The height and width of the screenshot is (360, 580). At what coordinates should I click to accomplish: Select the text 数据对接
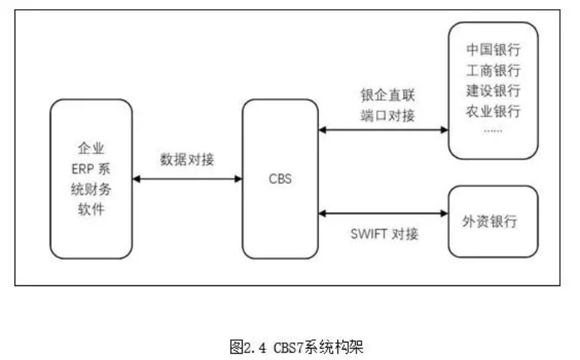coord(187,160)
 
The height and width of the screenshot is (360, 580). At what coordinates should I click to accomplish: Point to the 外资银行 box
coord(493,221)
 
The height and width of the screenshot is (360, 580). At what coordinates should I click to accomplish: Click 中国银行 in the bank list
coord(493,51)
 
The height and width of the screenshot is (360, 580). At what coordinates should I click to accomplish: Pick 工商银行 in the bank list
coord(493,72)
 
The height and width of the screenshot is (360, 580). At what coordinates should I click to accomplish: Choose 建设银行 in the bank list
coord(493,92)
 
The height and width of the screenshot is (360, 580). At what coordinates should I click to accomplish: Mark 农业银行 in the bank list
coord(493,112)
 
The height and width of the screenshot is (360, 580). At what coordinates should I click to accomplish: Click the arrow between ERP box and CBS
coord(188,179)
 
